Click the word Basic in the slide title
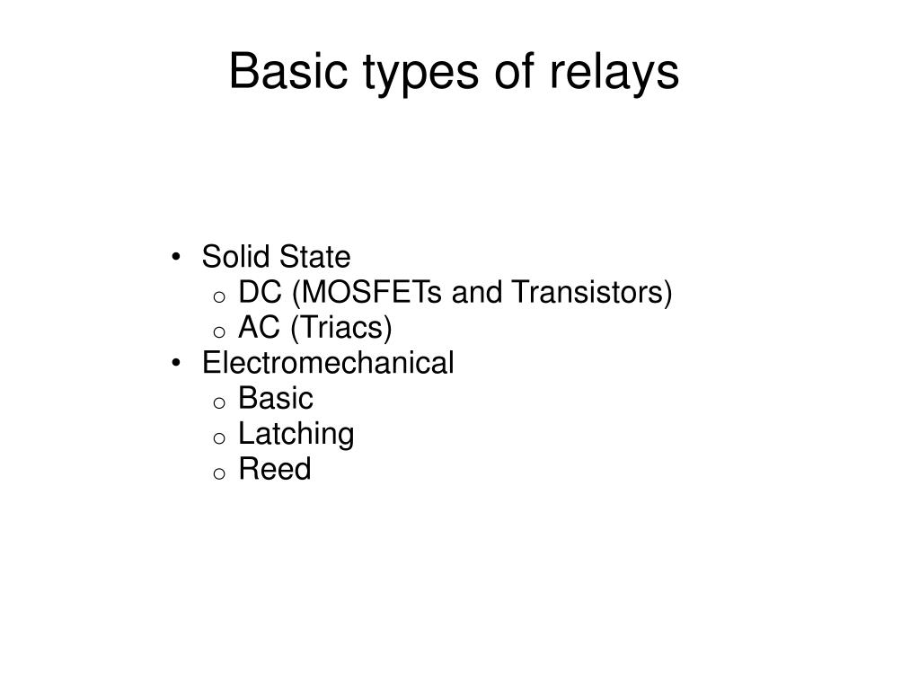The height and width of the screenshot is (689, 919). pyautogui.click(x=275, y=72)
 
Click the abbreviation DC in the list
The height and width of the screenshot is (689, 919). pyautogui.click(x=258, y=293)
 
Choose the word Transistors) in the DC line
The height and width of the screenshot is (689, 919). pyautogui.click(x=592, y=293)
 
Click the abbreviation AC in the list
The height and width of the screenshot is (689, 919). pyautogui.click(x=258, y=329)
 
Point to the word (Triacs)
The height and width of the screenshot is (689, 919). pyautogui.click(x=340, y=329)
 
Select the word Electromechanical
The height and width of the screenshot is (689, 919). pyautogui.click(x=328, y=364)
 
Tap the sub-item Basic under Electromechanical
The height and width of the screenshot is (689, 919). pyautogui.click(x=276, y=399)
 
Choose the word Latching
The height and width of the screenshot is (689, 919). pyautogui.click(x=296, y=435)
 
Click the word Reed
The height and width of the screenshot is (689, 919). pyautogui.click(x=275, y=470)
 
